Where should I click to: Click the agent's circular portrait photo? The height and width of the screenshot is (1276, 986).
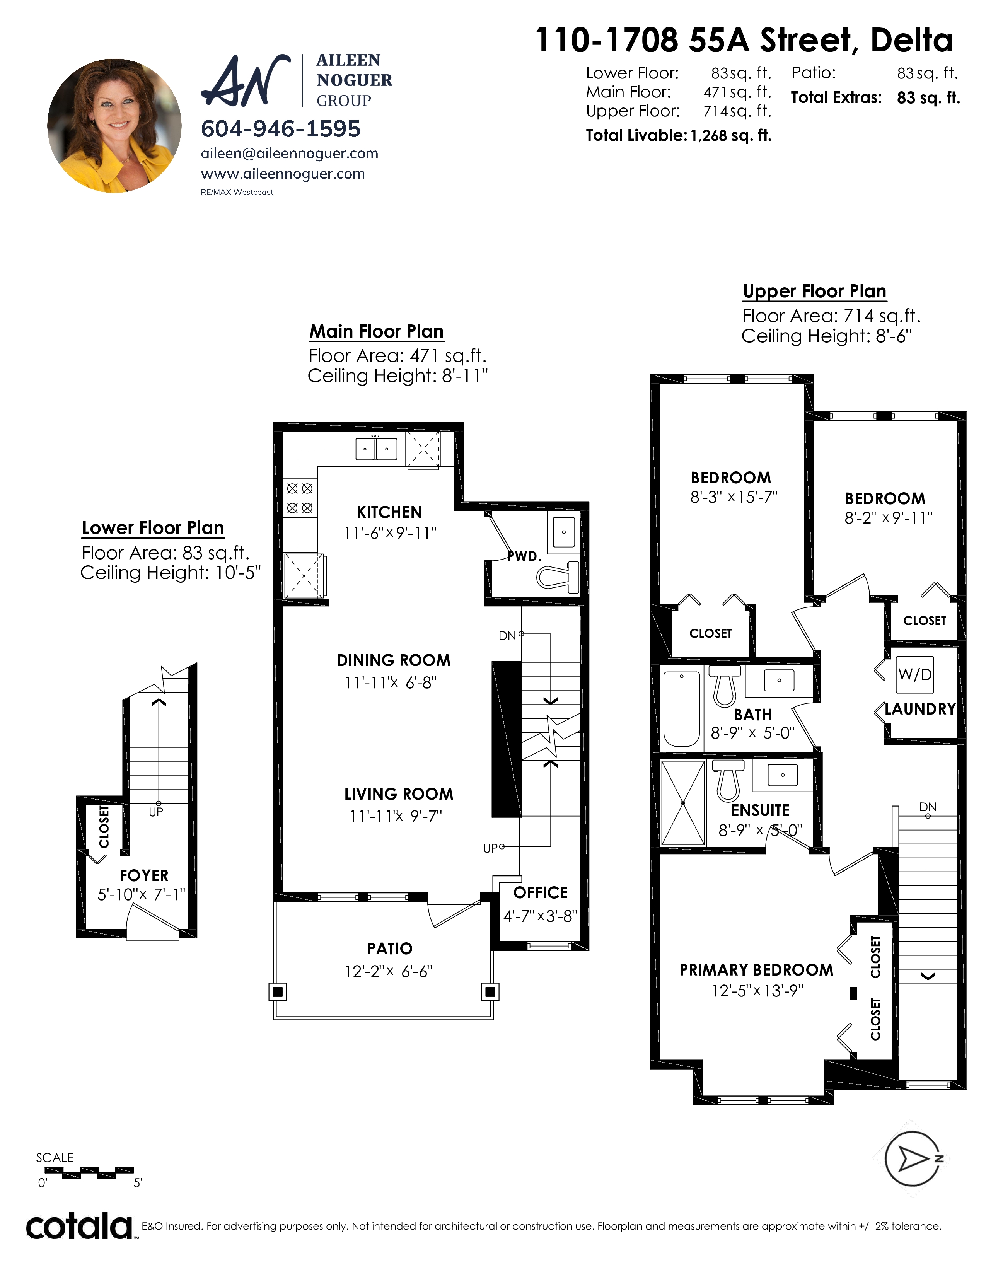tap(114, 126)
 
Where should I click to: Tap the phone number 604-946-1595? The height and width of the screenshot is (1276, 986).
tap(281, 129)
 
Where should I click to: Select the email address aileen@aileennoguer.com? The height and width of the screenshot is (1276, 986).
tap(290, 154)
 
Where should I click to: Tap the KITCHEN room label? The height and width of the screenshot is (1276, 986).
tap(389, 512)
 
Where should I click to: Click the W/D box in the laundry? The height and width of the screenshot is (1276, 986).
tap(915, 675)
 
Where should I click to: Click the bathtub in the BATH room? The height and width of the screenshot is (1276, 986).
tap(682, 709)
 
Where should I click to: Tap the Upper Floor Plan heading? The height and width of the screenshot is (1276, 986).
tap(815, 292)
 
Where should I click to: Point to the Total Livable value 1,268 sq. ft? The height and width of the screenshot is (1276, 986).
tap(731, 136)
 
